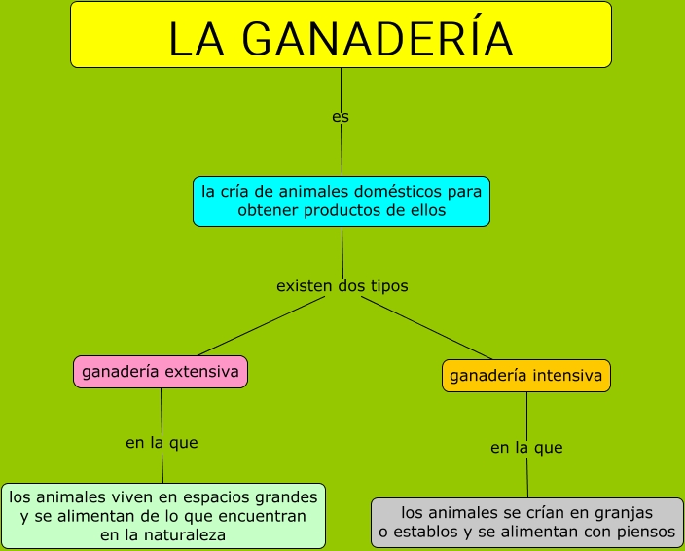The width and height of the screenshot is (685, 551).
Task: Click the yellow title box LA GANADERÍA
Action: pos(341,35)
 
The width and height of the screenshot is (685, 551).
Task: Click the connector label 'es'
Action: pos(341,117)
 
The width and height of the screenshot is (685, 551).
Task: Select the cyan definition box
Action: pos(341,202)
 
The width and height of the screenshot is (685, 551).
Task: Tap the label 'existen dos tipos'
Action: pos(342,286)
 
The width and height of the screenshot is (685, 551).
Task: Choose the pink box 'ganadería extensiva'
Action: pos(161,372)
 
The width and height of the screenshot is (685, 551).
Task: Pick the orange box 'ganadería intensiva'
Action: pos(526,376)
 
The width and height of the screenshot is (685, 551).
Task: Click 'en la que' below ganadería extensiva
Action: pos(162,443)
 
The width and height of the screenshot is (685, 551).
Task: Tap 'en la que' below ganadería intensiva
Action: pos(526,449)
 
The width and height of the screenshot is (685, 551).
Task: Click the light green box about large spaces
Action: pos(162,516)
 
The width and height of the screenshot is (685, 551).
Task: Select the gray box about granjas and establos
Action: pos(527,523)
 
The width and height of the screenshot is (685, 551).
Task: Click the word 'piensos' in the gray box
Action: pos(645,533)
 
